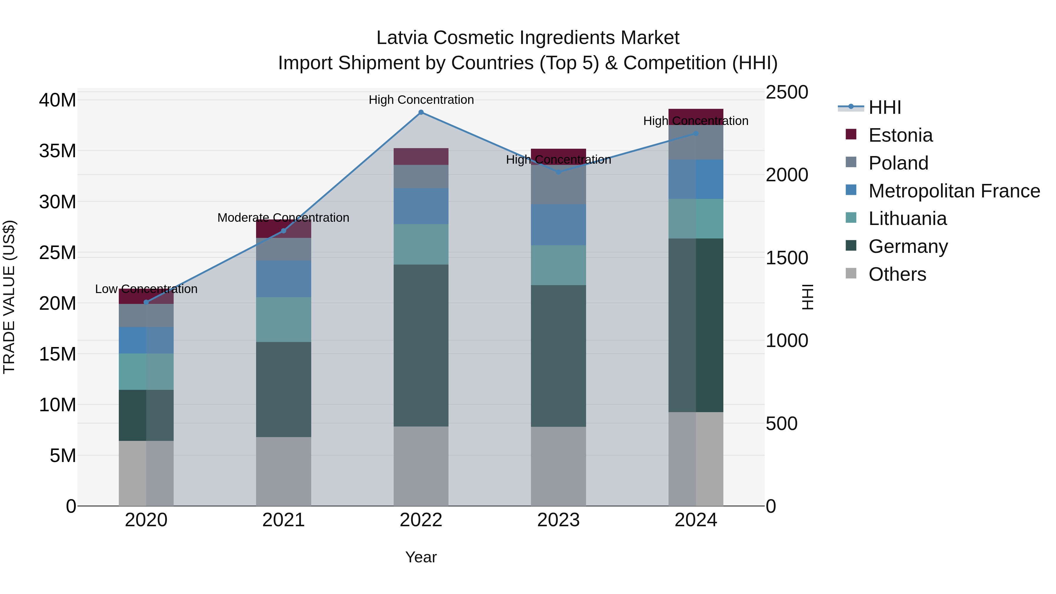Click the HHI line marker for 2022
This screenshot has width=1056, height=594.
click(x=421, y=112)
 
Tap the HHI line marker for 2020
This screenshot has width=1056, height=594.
click(x=146, y=302)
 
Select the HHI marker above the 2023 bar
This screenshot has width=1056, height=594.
click(x=558, y=172)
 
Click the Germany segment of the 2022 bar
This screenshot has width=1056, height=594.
click(x=421, y=345)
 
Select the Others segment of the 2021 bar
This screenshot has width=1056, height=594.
click(x=283, y=471)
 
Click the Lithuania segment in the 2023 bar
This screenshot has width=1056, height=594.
click(x=558, y=265)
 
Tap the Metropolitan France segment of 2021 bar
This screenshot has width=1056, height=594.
click(x=283, y=279)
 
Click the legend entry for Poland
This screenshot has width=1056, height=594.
click(x=898, y=163)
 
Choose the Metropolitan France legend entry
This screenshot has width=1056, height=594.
click(x=954, y=191)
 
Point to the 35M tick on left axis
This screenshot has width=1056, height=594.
click(x=57, y=151)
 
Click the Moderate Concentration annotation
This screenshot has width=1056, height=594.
click(x=283, y=218)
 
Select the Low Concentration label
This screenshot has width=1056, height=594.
click(x=146, y=289)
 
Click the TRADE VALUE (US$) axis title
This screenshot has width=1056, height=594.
click(x=9, y=297)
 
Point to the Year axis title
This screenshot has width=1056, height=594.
click(x=421, y=557)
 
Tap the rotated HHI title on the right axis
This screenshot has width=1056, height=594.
click(x=807, y=297)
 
